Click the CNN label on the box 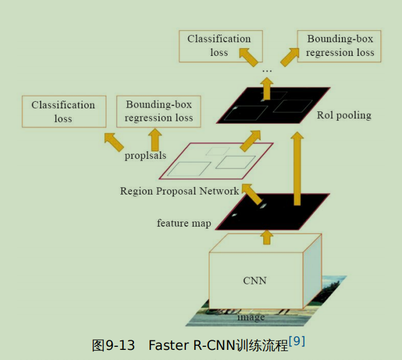pyautogui.click(x=254, y=281)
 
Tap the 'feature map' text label pyautogui.click(x=184, y=223)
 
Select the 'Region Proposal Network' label pyautogui.click(x=179, y=191)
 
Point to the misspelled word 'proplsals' pyautogui.click(x=145, y=155)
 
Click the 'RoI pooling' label pyautogui.click(x=344, y=115)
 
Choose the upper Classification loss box pyautogui.click(x=220, y=46)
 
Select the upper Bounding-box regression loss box pyautogui.click(x=339, y=46)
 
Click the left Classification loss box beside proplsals pyautogui.click(x=64, y=111)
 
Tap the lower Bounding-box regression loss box pyautogui.click(x=158, y=111)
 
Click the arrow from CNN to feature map pyautogui.click(x=267, y=237)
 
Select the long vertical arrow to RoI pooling pyautogui.click(x=297, y=168)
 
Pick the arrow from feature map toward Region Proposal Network pyautogui.click(x=252, y=194)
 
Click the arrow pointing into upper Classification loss pyautogui.click(x=248, y=57)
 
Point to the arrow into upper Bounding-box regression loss pyautogui.click(x=289, y=57)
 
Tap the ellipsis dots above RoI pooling pyautogui.click(x=267, y=71)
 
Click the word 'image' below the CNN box pyautogui.click(x=251, y=318)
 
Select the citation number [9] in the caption pyautogui.click(x=297, y=341)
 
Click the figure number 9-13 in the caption pyautogui.click(x=120, y=345)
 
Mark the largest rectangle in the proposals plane pyautogui.click(x=189, y=169)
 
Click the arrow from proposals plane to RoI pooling pyautogui.click(x=251, y=140)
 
